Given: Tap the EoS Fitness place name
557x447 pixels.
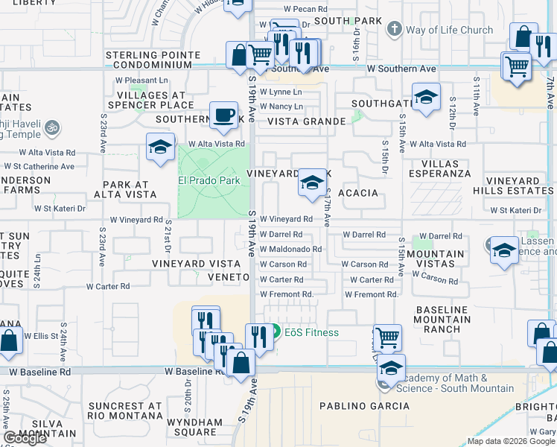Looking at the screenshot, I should (x=311, y=332).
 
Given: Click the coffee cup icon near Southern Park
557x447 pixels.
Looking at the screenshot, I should (x=224, y=116).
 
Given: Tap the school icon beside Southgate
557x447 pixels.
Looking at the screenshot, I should (x=426, y=98).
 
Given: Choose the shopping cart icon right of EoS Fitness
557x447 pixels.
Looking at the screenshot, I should (x=387, y=337).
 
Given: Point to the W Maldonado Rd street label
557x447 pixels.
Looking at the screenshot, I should (x=290, y=250).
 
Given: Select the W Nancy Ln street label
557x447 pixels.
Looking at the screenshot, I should (x=281, y=107).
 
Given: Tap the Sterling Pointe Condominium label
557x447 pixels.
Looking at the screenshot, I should (x=153, y=60).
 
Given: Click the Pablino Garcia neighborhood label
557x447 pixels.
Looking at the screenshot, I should (x=364, y=406).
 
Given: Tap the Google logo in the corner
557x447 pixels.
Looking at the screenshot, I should (x=25, y=438).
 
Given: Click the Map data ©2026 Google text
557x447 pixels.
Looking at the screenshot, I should (x=510, y=441).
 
